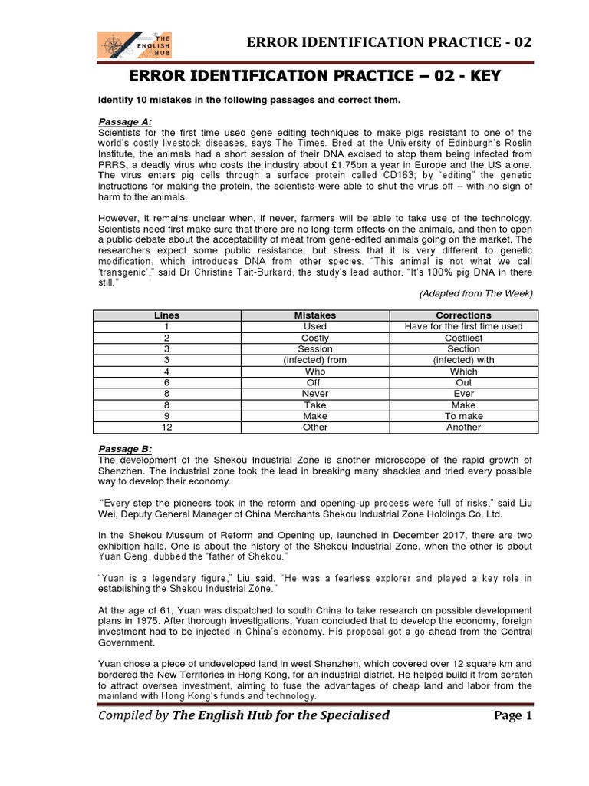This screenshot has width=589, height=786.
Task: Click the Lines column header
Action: (166, 315)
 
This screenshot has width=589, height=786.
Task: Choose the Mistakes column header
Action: (315, 315)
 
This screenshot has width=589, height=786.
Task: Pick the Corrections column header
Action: (463, 315)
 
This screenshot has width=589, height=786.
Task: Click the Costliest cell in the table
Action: (463, 338)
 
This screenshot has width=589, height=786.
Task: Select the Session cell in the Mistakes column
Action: (315, 349)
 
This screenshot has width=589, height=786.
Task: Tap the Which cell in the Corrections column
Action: (463, 372)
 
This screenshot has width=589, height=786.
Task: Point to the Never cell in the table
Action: (315, 394)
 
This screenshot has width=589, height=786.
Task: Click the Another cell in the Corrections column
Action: (463, 428)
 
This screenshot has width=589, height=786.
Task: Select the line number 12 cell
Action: (166, 428)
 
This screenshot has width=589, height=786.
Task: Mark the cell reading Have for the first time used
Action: (463, 326)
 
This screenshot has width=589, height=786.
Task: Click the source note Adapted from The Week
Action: (475, 294)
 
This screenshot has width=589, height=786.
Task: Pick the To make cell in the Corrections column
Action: (463, 416)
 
